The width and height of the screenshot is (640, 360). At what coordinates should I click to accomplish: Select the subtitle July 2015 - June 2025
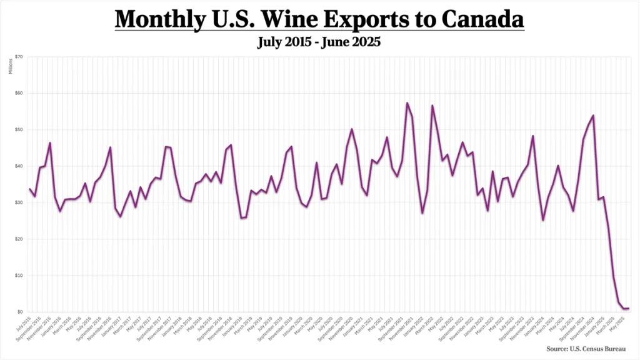coord(319,42)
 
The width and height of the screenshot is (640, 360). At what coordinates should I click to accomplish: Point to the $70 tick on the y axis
coord(19,57)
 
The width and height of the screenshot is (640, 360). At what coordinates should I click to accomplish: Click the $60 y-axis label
coord(19,93)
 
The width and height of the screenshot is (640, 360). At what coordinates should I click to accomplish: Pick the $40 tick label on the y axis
coord(19,166)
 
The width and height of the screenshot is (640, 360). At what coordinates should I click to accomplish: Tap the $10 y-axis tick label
coord(19,276)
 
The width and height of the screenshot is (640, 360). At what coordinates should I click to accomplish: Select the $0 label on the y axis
coord(21,312)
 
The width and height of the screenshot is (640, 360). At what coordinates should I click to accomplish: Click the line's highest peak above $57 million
coord(407,102)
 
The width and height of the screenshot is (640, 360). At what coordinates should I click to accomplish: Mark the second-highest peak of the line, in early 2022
coord(432,105)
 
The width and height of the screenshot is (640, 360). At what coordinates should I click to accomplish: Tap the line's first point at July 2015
coord(29,189)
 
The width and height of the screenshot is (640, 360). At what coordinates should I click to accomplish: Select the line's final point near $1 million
coord(627,308)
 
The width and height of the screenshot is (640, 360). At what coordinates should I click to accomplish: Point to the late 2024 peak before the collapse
coord(593,115)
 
